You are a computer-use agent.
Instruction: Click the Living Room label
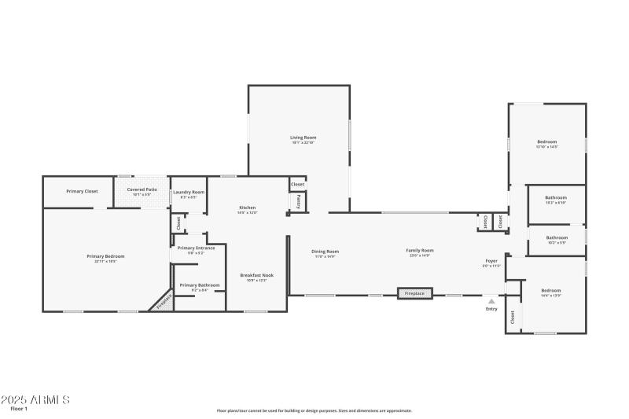click(x=303, y=138)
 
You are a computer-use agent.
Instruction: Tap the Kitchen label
click(x=247, y=208)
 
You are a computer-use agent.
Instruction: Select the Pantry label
click(x=299, y=202)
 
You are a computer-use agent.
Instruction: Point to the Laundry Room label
click(x=189, y=192)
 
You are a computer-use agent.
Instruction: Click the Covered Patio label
click(x=142, y=189)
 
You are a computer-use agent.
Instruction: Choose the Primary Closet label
click(x=82, y=191)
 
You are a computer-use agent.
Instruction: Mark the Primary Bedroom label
click(x=105, y=256)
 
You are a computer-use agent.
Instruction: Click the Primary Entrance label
click(x=196, y=248)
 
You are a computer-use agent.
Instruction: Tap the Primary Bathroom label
click(x=200, y=285)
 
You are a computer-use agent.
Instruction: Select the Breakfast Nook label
click(x=256, y=275)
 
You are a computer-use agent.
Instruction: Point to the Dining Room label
click(x=326, y=252)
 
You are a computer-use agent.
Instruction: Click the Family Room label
click(x=420, y=251)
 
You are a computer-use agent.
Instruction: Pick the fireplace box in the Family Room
click(x=414, y=294)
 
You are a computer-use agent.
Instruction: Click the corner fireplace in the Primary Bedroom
click(x=164, y=301)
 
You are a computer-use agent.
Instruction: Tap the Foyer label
click(x=491, y=260)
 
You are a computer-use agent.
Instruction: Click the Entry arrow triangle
click(x=491, y=300)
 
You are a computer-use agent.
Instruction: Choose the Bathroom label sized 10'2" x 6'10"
click(x=557, y=198)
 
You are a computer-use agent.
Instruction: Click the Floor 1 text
click(x=19, y=409)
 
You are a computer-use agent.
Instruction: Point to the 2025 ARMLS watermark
click(x=35, y=399)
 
